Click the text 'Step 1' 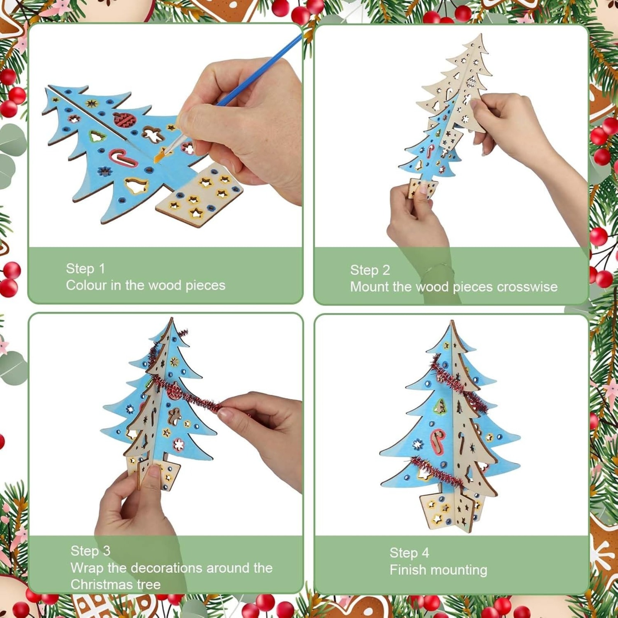(85, 268)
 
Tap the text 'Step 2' (370, 270)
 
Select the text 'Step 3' (90, 551)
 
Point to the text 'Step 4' (409, 553)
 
